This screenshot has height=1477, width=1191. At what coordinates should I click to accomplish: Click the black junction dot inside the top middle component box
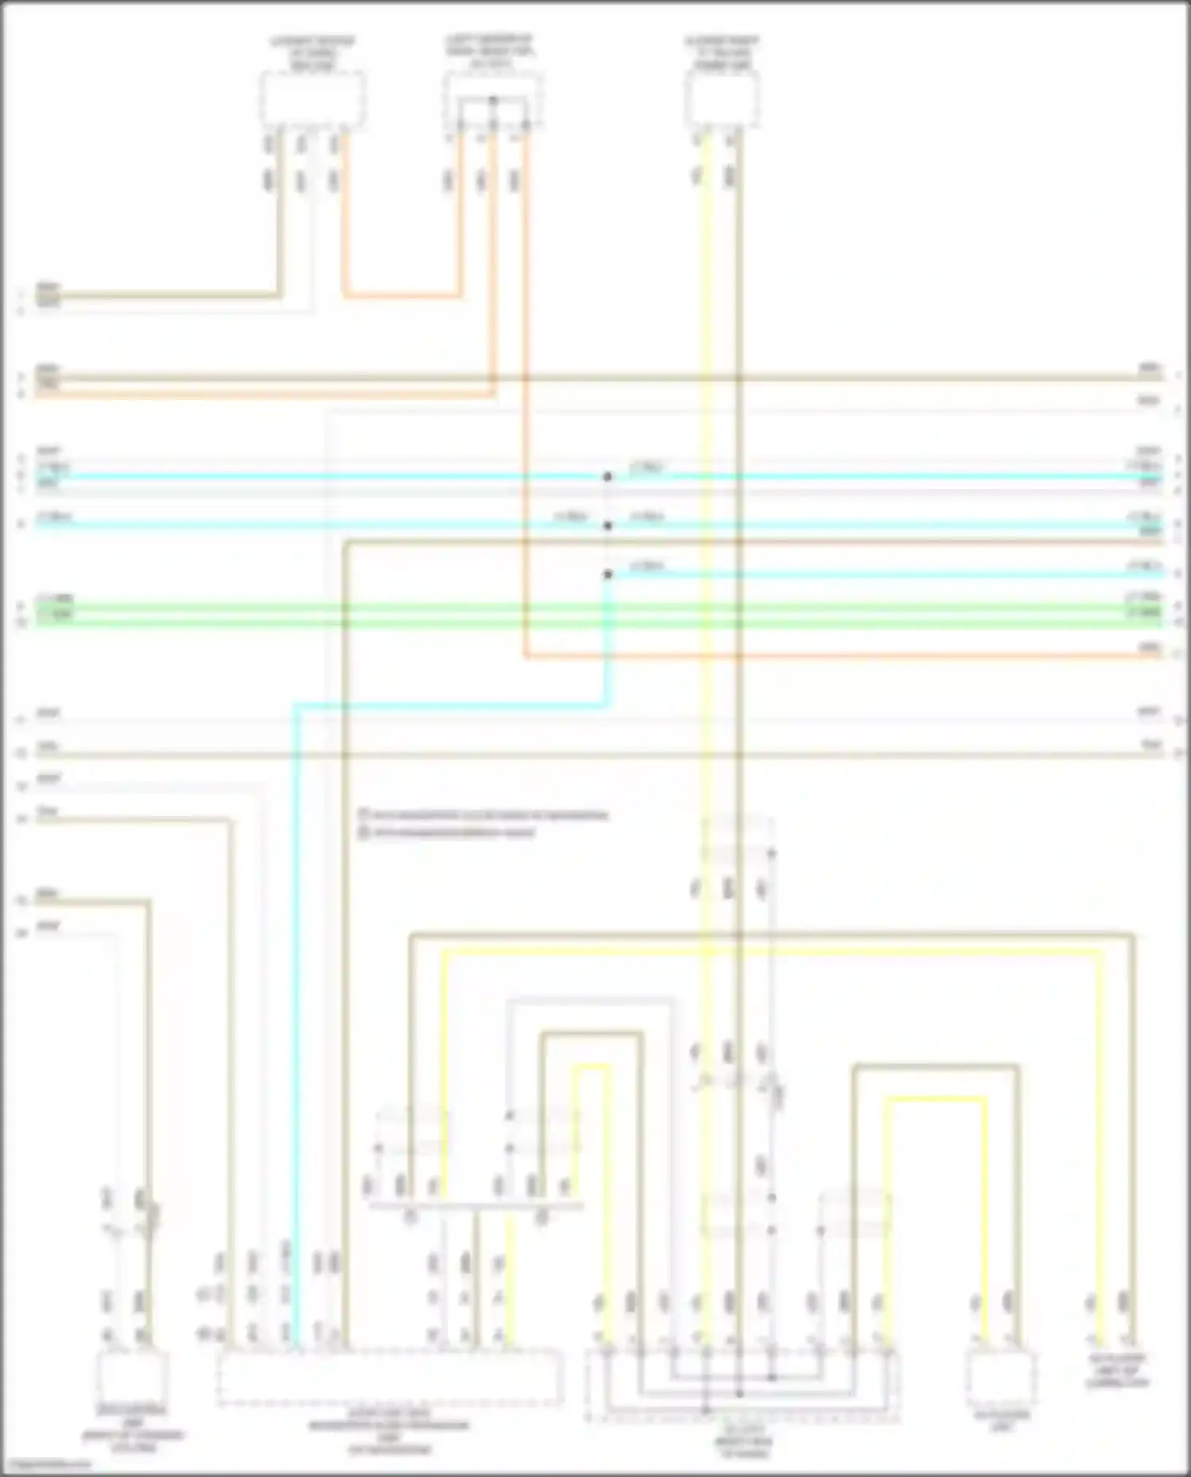click(493, 100)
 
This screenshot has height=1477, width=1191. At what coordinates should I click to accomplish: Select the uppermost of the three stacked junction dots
click(607, 477)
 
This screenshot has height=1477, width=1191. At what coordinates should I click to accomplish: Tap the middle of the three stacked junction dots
click(607, 525)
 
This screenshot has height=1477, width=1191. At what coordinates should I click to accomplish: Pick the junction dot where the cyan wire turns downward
click(607, 574)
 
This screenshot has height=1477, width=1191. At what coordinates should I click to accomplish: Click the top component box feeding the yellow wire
click(722, 99)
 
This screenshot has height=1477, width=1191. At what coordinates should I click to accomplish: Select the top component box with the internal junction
click(493, 100)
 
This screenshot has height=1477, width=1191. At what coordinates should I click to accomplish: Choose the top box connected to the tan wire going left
click(313, 99)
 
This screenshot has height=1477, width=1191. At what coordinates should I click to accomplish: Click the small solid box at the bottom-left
click(133, 1378)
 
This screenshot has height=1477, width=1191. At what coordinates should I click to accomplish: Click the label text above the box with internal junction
click(490, 52)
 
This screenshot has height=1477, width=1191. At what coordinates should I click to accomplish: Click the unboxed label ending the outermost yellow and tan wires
click(1116, 1371)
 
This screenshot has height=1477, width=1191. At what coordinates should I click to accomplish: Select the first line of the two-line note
click(484, 815)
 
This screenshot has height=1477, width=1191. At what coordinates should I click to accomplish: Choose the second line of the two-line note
click(449, 833)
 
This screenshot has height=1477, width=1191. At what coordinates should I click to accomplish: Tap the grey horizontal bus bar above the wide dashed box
click(476, 1206)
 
